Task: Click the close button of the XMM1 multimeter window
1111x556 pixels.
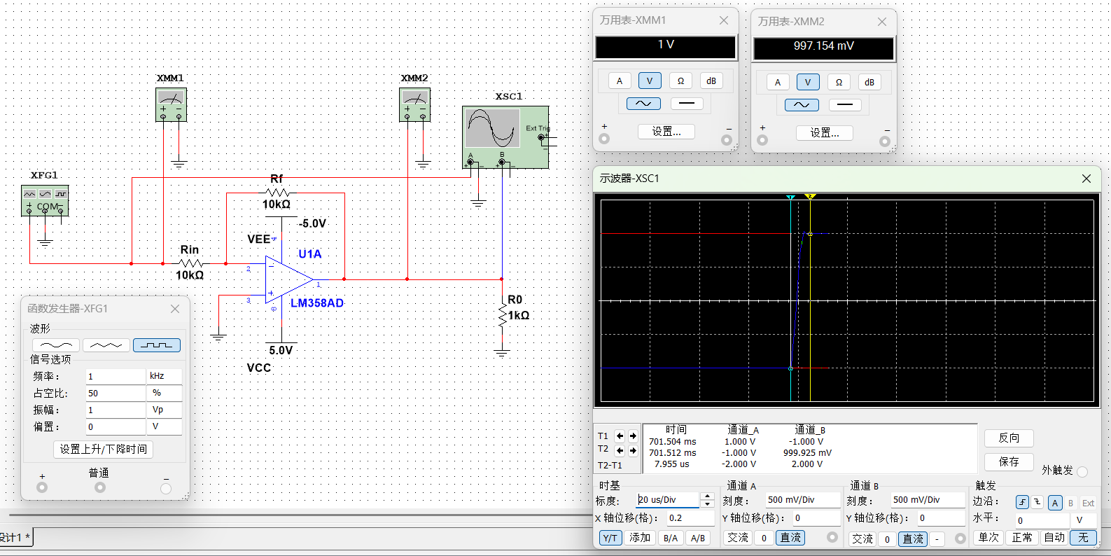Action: [x=724, y=20]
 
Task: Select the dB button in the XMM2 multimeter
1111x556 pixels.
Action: [x=869, y=82]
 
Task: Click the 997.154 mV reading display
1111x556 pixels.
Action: [x=823, y=47]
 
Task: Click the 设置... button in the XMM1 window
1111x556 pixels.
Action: [x=666, y=132]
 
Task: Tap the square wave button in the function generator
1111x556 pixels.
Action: [x=156, y=345]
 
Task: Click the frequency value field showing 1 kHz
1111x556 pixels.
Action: [x=116, y=377]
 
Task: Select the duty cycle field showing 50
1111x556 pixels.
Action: [x=116, y=394]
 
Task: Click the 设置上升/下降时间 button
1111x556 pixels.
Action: [x=103, y=449]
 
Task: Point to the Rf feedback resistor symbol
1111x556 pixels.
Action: [x=278, y=193]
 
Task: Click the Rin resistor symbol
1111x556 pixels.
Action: [x=190, y=263]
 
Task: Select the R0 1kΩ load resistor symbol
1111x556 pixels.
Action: [x=502, y=316]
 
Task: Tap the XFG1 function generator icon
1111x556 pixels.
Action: [x=45, y=200]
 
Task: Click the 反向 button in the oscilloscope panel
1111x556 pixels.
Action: [x=1008, y=438]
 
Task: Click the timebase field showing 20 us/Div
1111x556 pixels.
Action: [x=667, y=500]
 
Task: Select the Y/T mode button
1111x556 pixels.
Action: [x=610, y=538]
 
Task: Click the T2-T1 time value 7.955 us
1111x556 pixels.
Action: [x=671, y=464]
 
